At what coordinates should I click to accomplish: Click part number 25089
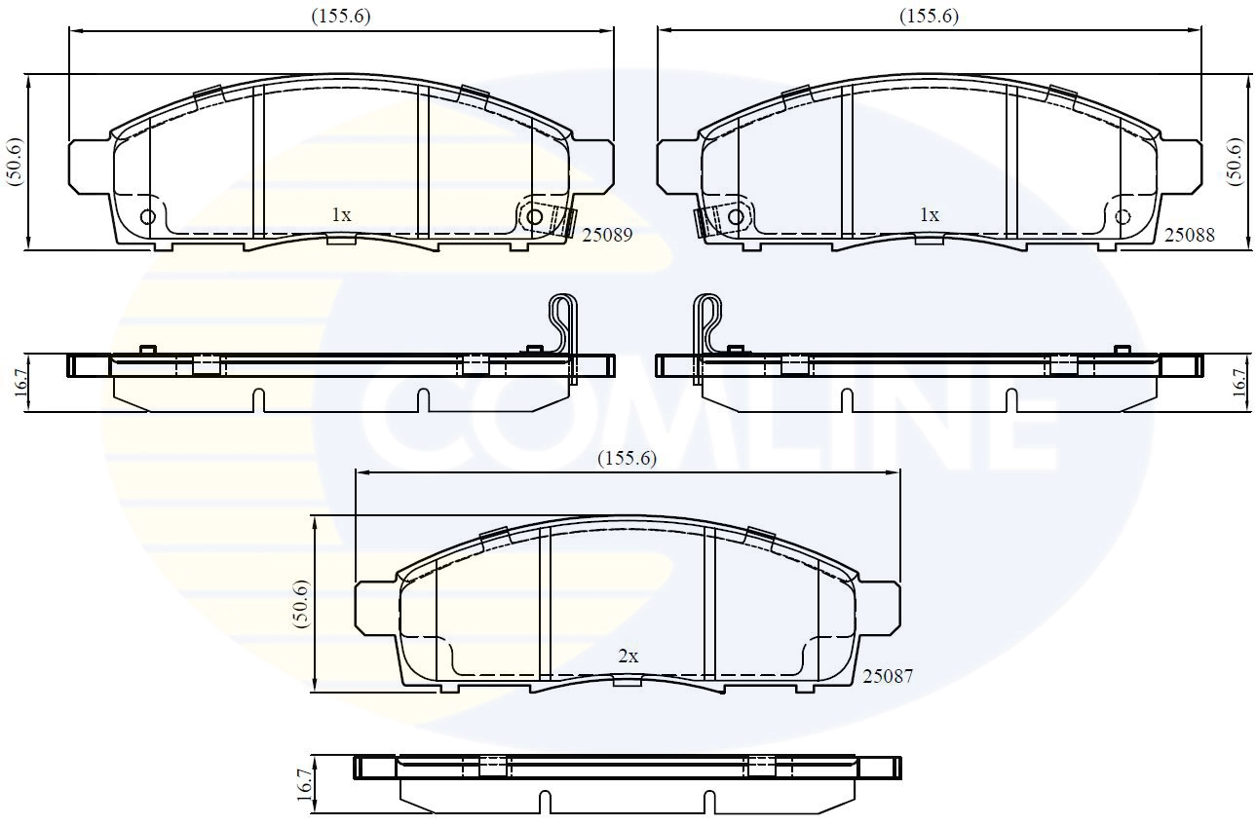point(606,234)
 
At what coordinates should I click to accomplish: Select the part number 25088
point(1190,234)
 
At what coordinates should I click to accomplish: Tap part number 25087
point(888,675)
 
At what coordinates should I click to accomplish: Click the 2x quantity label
point(628,657)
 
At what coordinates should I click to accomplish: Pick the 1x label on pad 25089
point(340,215)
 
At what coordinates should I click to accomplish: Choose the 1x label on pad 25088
point(930,215)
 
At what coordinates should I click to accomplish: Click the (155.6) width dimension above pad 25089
point(341,16)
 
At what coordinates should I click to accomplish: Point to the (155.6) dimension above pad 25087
point(628,459)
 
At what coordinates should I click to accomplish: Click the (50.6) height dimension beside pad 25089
point(14,163)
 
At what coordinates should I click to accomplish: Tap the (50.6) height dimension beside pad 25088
point(1236,163)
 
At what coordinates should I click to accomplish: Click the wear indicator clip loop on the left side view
point(562,318)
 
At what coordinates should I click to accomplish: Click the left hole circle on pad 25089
point(148,216)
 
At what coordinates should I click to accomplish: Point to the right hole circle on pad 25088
point(1123,216)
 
